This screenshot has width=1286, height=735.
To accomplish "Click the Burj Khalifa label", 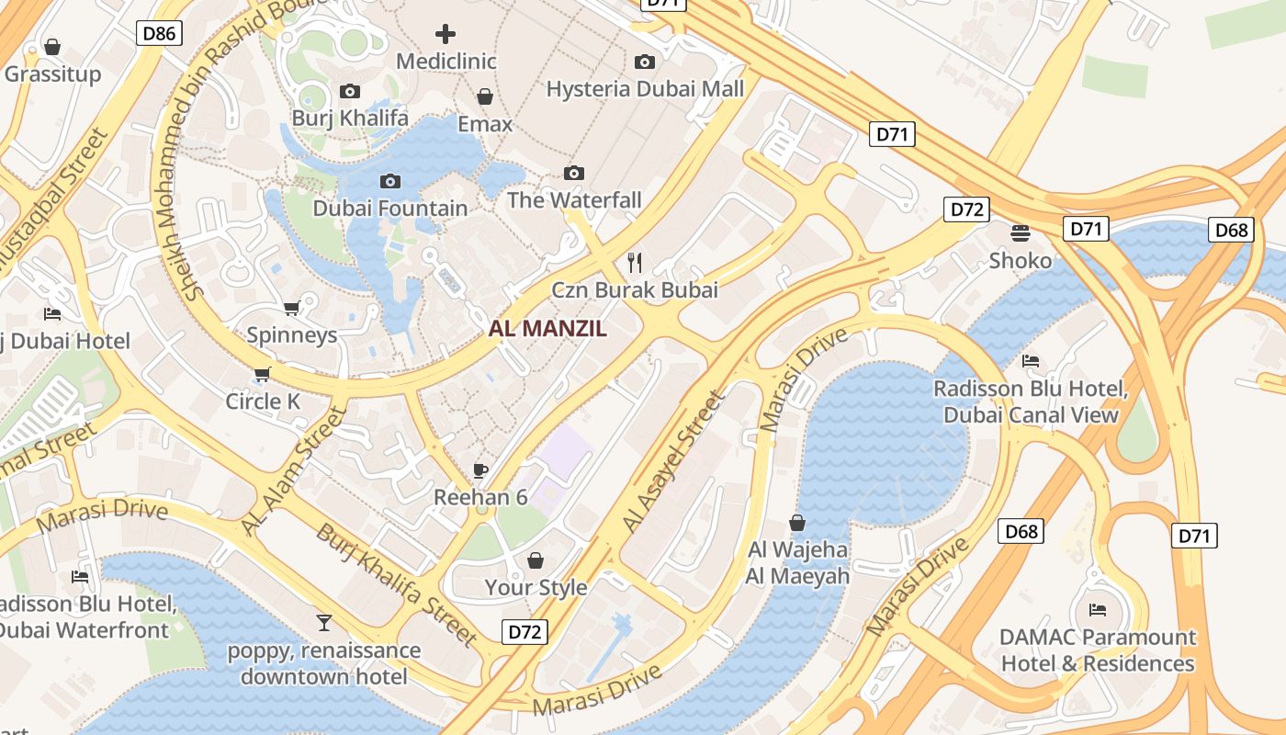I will point(349,119).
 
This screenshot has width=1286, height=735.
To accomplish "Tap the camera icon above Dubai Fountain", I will point(390,181).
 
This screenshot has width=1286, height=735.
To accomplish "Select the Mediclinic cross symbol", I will point(446,35).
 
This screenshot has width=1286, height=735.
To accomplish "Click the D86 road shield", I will point(159,34).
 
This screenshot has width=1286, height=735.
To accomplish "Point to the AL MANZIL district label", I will point(547,329).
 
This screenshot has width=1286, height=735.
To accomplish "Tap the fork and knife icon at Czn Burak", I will point(634,262).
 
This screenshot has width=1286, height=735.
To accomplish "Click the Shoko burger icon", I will point(1021,232).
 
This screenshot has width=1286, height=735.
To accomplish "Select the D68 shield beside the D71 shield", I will point(1231,229).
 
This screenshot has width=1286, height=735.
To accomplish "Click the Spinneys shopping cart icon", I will point(292,308).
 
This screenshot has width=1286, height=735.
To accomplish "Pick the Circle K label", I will point(263,401).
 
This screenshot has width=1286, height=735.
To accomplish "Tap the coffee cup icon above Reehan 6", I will point(479,470).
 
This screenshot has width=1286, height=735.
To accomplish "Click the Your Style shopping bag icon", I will point(536,560).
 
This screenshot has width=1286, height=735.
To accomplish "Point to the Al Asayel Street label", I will point(673,462).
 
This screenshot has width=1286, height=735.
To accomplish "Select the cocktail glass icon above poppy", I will point(323,623).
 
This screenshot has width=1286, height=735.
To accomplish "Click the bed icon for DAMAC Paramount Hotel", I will point(1097,609).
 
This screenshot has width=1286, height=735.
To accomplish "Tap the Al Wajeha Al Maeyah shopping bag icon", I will point(797,523).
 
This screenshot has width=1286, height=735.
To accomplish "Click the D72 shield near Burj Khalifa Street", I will point(525,632).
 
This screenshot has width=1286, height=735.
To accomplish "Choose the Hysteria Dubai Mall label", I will point(645,89).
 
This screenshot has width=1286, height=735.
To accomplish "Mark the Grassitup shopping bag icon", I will point(52,46).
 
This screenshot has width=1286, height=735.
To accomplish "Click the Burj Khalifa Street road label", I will point(396,584).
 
